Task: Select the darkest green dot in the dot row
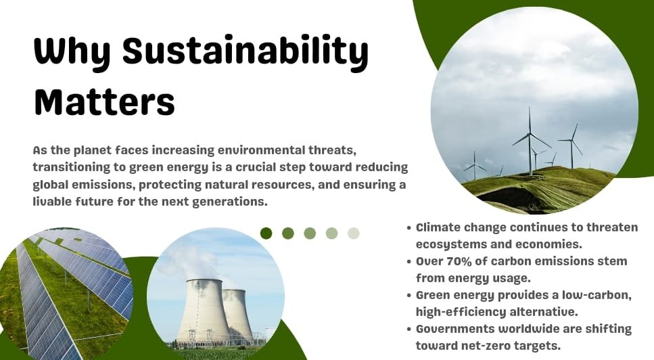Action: [266, 233]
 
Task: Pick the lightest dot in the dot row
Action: [353, 233]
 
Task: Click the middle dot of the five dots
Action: [310, 233]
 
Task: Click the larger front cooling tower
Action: [204, 311]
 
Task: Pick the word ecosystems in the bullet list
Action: [448, 244]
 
